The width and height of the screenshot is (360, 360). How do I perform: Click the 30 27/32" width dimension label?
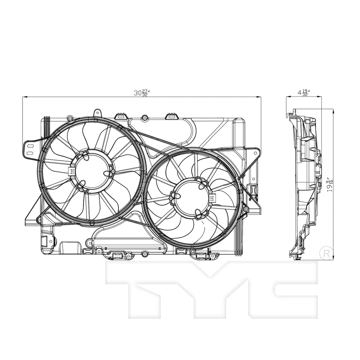tap(142, 93)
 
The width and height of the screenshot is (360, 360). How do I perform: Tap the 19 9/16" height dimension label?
tap(329, 185)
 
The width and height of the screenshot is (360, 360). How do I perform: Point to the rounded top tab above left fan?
tap(97, 112)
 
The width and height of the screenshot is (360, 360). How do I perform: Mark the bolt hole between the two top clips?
tap(144, 118)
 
